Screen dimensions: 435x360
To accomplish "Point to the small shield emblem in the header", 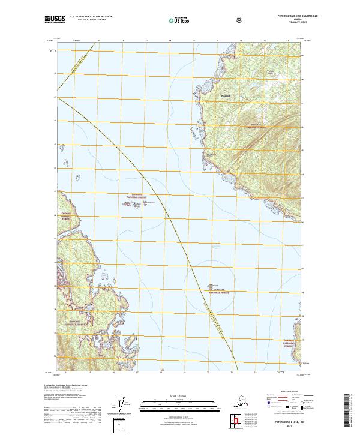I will pos(240,20).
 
